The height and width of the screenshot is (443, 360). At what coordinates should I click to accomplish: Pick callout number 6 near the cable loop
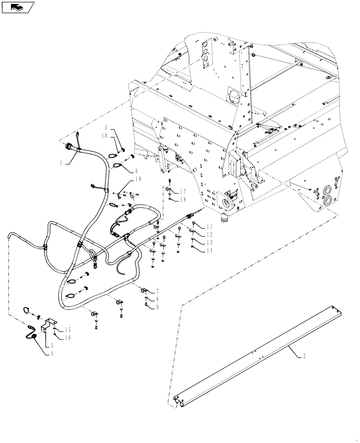tap(136, 171)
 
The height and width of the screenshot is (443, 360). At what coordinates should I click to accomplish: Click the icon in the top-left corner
tap(18, 7)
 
